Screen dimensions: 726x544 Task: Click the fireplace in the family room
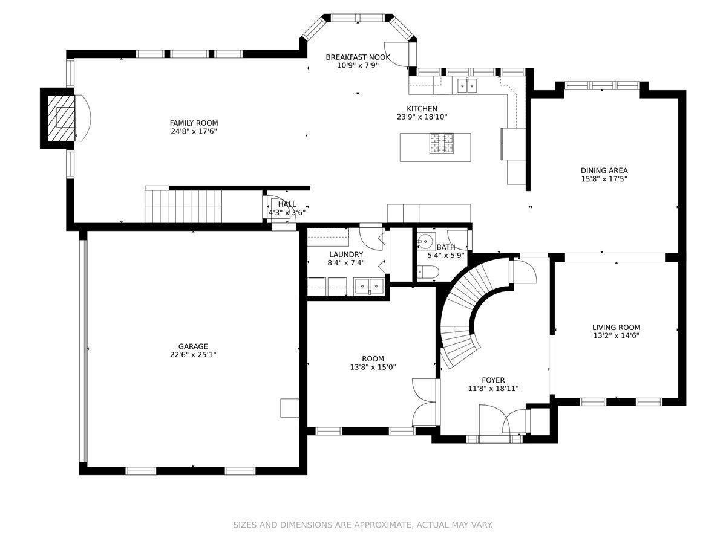click(61, 118)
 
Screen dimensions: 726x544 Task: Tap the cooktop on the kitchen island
click(441, 143)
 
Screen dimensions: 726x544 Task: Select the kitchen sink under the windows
click(467, 86)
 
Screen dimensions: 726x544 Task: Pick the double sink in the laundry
click(369, 286)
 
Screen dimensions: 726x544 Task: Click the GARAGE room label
click(193, 346)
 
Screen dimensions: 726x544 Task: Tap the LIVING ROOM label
click(616, 328)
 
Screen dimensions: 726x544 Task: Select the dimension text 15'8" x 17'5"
click(604, 179)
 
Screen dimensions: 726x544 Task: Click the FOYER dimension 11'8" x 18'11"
click(493, 389)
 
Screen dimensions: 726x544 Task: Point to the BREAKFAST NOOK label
click(358, 57)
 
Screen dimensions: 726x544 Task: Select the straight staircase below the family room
click(183, 204)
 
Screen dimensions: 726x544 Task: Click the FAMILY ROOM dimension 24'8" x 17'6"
click(194, 131)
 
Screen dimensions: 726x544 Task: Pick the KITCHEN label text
click(422, 109)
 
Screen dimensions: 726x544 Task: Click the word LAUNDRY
click(346, 254)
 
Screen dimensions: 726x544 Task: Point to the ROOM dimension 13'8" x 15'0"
click(373, 367)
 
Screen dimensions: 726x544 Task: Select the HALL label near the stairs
click(287, 204)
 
